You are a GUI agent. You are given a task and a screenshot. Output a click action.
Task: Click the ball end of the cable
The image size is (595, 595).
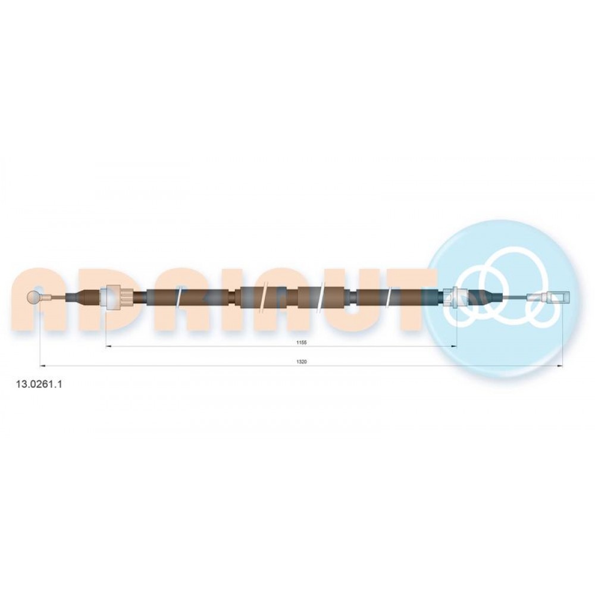click(33, 297)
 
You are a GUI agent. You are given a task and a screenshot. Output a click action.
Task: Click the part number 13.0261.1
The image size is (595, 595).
click(38, 384)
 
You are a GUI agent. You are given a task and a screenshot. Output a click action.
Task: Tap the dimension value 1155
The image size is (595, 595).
click(301, 342)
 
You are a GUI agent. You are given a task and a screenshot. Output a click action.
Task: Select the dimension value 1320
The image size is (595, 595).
click(301, 362)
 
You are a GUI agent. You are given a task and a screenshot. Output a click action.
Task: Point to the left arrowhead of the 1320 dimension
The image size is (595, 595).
click(42, 366)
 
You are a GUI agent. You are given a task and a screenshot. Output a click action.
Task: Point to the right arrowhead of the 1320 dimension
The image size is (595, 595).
click(559, 366)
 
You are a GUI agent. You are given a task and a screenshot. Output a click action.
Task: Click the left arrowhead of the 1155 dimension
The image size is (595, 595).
click(108, 346)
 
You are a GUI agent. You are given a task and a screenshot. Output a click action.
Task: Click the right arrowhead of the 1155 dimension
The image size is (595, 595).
click(454, 346)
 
